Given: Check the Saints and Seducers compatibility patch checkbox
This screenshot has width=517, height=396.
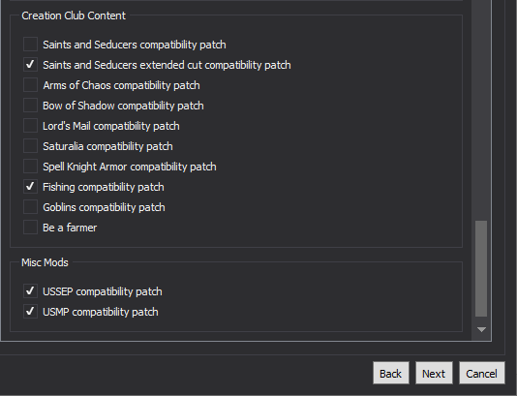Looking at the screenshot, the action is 30,45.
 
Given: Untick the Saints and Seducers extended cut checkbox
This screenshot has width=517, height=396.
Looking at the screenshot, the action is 30,65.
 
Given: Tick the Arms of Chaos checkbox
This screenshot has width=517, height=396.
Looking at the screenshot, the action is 30,85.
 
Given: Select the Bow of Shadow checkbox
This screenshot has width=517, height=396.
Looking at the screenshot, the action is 30,106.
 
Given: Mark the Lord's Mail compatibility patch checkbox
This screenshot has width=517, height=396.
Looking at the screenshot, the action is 30,126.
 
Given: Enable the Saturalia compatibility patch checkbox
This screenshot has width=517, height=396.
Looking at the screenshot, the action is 30,146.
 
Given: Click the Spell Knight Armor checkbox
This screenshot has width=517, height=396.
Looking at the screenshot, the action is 30,167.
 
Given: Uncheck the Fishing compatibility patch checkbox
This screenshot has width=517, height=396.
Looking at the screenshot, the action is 30,187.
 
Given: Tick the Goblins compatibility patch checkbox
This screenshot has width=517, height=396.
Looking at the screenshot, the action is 30,207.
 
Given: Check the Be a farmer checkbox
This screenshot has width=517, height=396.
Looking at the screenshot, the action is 30,228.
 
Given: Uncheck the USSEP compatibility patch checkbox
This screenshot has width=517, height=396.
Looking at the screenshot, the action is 30,291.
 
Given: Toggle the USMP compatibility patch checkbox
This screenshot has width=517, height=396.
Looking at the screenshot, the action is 30,312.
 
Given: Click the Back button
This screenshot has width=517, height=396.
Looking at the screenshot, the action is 391,374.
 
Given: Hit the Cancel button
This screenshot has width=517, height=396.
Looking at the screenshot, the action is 482,374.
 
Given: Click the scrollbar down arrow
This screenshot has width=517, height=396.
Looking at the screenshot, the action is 481,329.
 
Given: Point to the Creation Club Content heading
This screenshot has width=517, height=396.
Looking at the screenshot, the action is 74,15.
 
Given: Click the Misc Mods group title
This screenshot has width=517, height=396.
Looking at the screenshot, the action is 45,262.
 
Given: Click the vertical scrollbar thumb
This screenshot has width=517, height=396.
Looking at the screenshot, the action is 481,269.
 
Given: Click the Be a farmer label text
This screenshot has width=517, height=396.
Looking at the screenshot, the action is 70,228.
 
